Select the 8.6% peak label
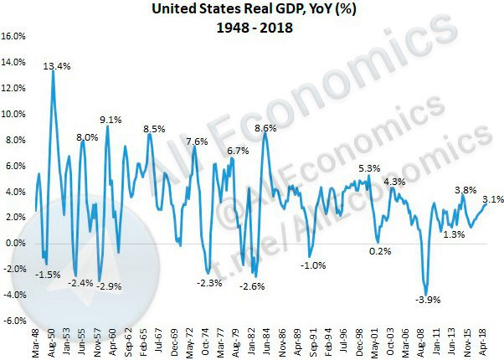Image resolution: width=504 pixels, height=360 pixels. pos(265,128)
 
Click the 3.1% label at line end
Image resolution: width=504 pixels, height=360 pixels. pos(492,199)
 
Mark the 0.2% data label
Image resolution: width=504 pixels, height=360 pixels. pos(381,251)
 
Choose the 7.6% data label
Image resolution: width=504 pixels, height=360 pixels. pos(197,141)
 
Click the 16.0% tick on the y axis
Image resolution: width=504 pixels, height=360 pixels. pos(16,37)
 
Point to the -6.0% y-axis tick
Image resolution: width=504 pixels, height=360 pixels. pos(16,320)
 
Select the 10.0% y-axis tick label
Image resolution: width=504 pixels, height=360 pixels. pos(16,114)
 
